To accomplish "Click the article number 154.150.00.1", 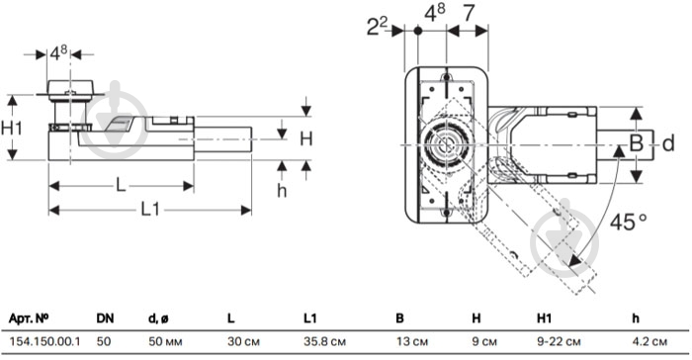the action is point(45,341).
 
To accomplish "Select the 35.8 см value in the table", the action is point(325,341).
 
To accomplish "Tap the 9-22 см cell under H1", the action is point(559,341).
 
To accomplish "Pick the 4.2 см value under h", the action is point(649,341).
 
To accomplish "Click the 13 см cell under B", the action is point(412,341).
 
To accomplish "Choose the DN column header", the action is point(105,318).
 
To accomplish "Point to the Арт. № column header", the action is point(29,318).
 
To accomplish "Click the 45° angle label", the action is point(628,222).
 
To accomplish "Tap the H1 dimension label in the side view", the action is point(12,129).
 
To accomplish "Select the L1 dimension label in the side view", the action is point(150,209).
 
